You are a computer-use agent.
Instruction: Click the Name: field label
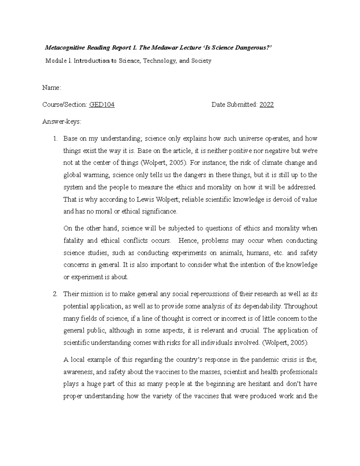pyautogui.click(x=52, y=88)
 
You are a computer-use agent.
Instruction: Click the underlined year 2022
pyautogui.click(x=267, y=105)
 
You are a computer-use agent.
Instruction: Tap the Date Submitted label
pyautogui.click(x=234, y=105)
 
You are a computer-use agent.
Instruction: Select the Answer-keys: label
pyautogui.click(x=62, y=122)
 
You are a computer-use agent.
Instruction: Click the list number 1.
pyautogui.click(x=55, y=139)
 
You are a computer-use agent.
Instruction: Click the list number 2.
pyautogui.click(x=55, y=294)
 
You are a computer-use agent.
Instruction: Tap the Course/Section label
pyautogui.click(x=65, y=105)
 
